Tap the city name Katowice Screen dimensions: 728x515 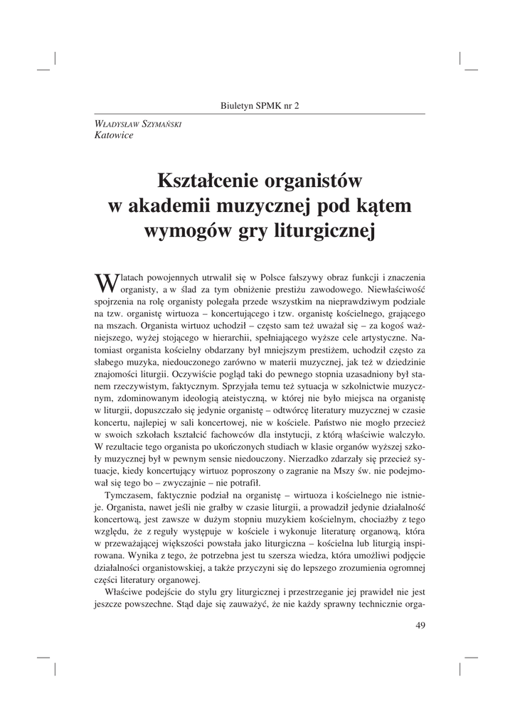tap(114, 135)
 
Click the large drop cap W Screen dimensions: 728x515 tap(105, 283)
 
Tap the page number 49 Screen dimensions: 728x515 tap(419, 626)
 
